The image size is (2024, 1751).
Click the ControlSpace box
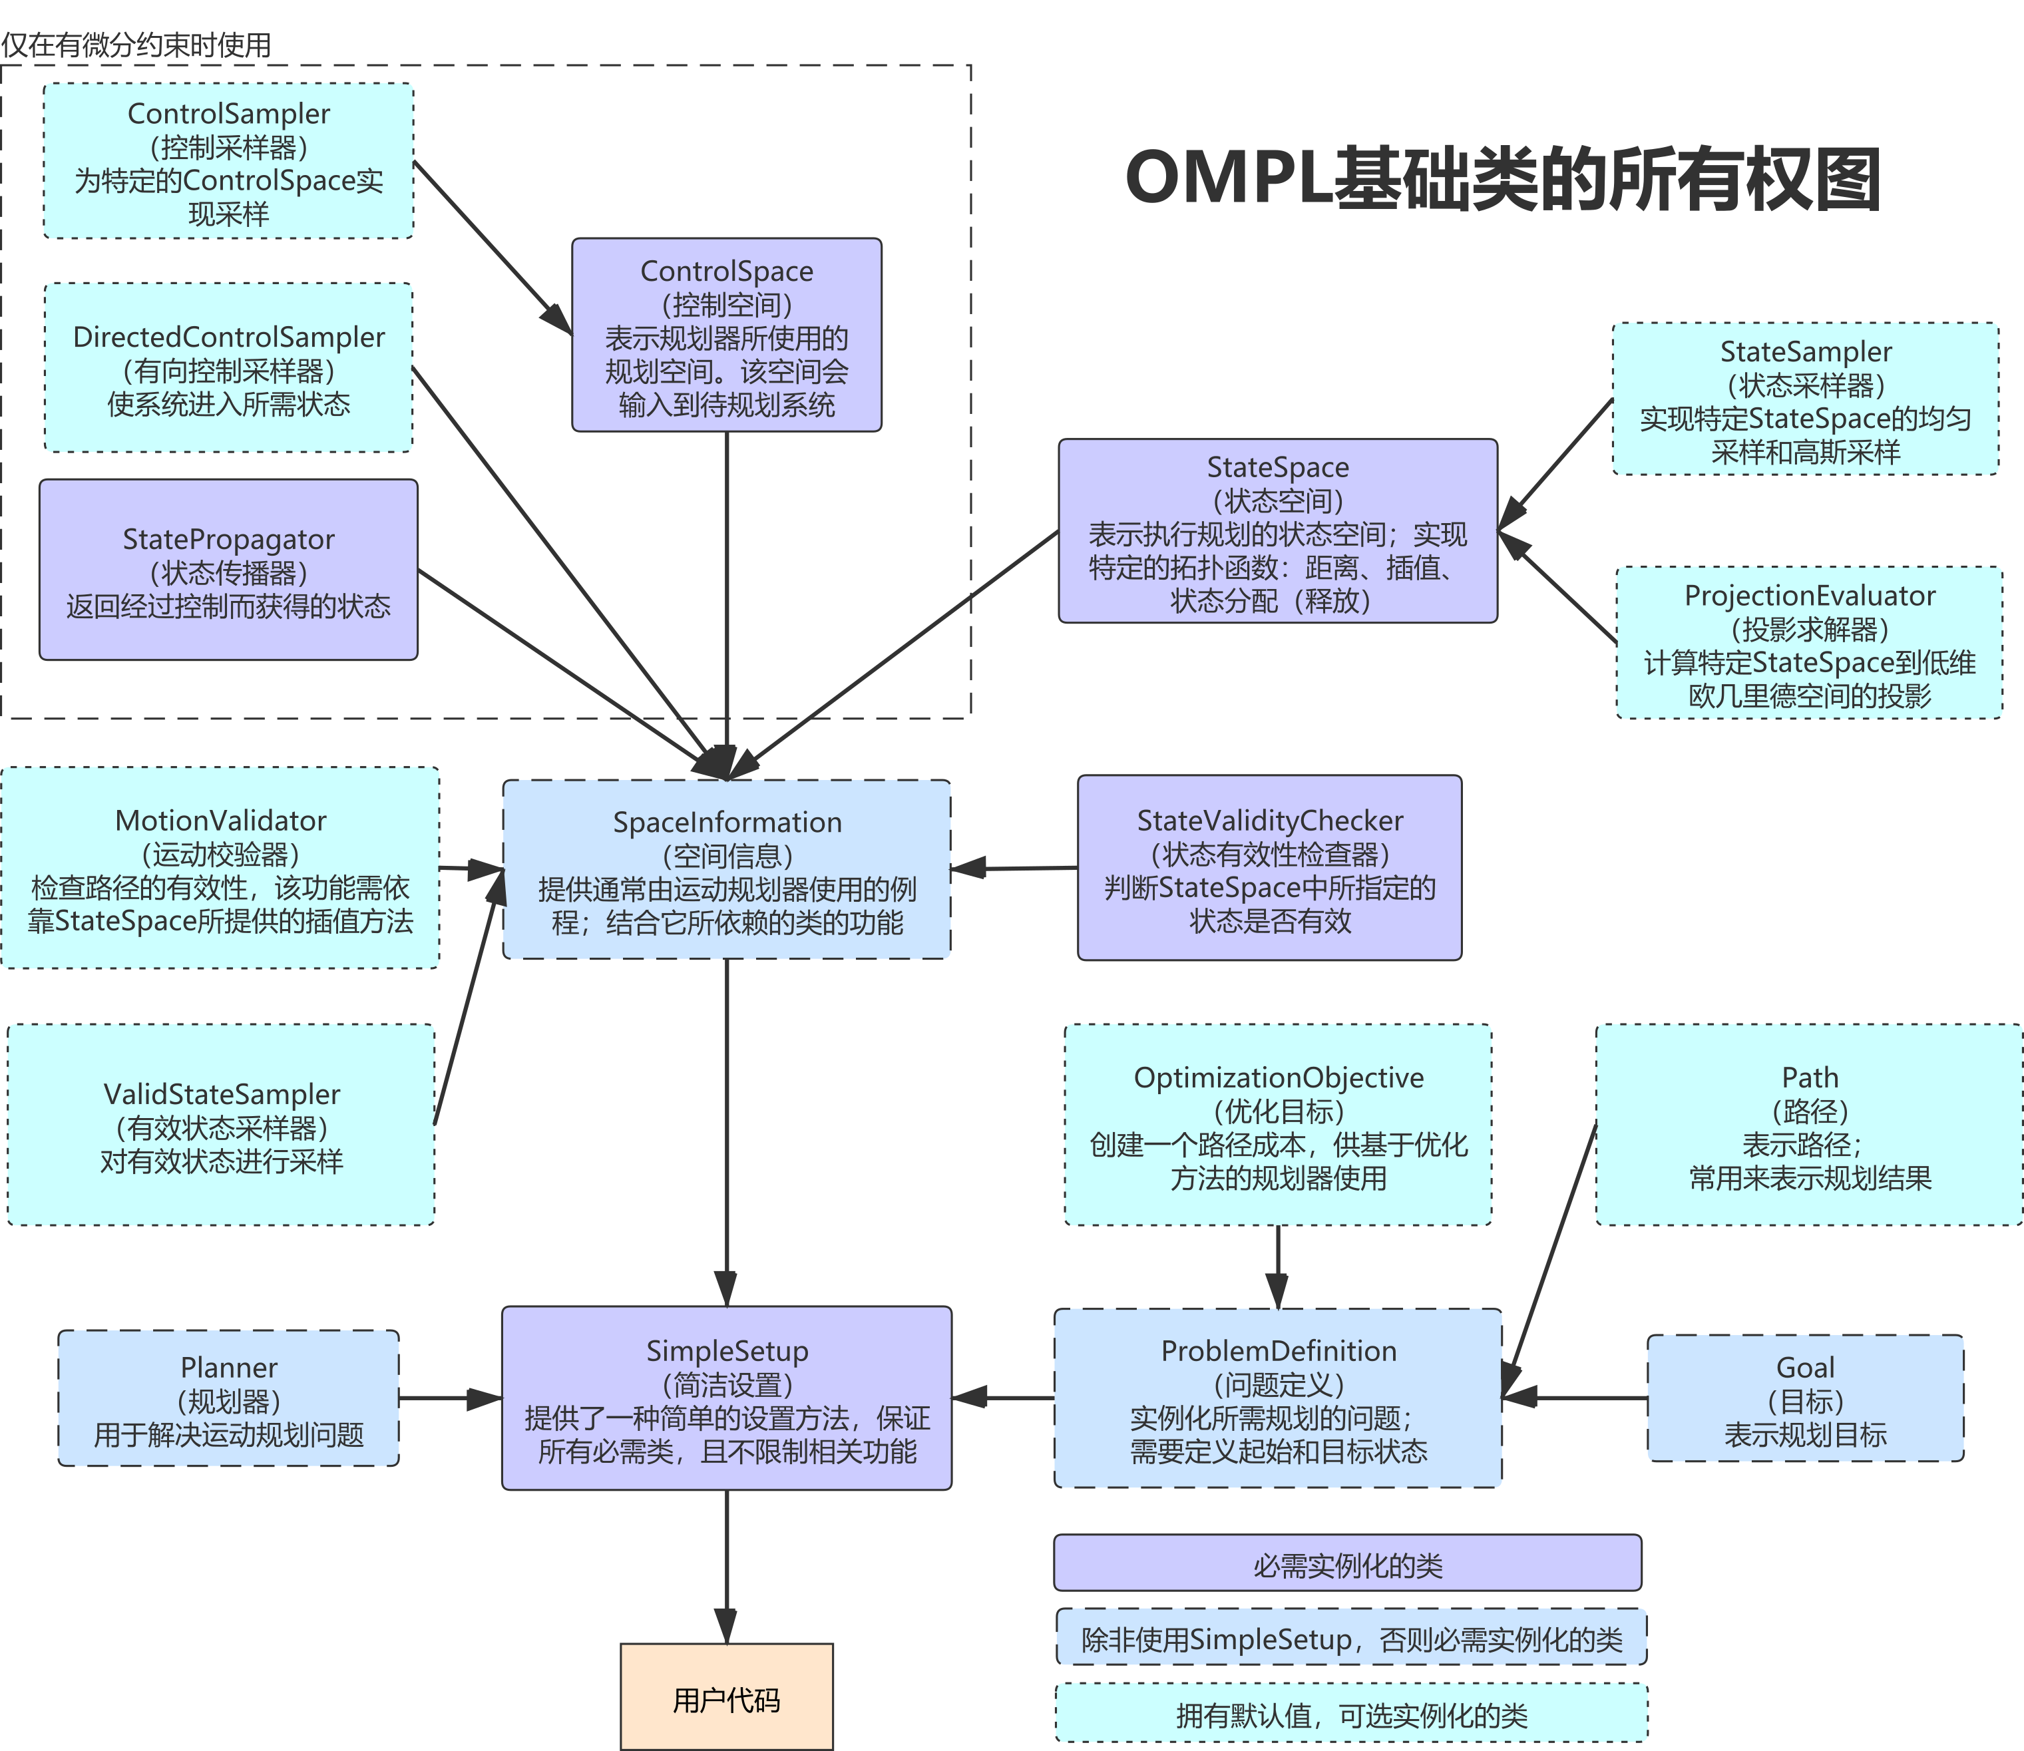tap(726, 335)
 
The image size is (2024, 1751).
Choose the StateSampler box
tap(1805, 399)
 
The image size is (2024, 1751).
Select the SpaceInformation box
tap(726, 870)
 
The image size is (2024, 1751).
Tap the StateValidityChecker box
tap(1269, 869)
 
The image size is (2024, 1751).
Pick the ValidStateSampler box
tap(221, 1125)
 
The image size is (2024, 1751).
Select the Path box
tap(1809, 1125)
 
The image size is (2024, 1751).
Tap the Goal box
tap(1805, 1398)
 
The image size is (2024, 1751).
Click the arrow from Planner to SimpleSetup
tap(449, 1398)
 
